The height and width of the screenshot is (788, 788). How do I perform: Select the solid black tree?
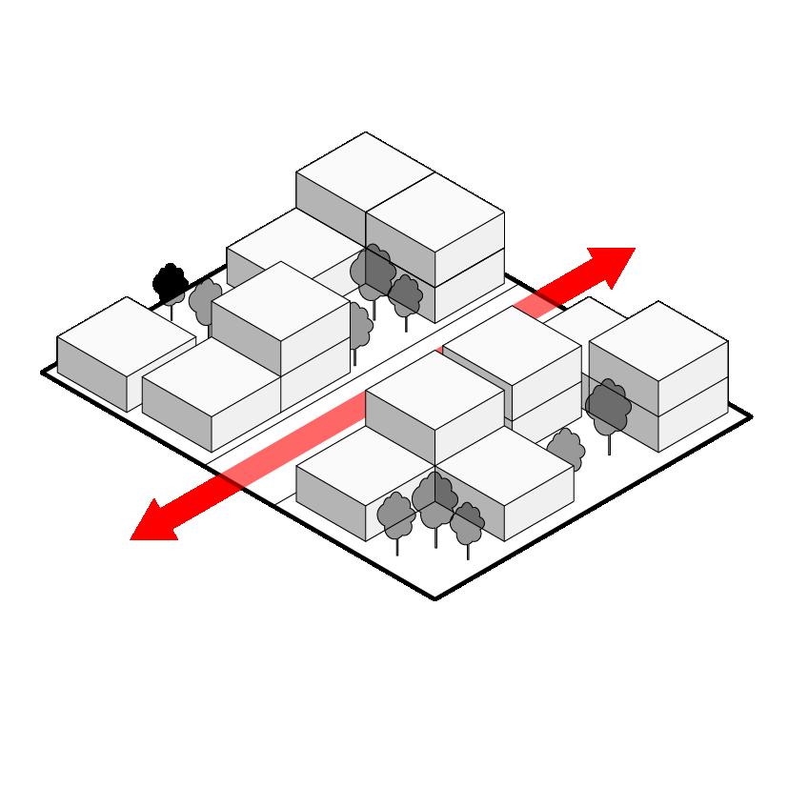click(170, 282)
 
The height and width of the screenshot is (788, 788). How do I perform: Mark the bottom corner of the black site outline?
click(435, 598)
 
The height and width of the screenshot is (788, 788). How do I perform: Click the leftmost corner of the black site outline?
click(44, 372)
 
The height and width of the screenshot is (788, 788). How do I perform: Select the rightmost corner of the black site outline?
click(751, 417)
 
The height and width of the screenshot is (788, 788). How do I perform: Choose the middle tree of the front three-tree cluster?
click(434, 495)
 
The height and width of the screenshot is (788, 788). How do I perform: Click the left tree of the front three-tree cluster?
click(396, 515)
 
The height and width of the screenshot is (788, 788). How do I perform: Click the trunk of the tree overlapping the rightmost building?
click(609, 443)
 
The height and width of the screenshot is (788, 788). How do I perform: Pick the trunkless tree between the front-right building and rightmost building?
click(565, 447)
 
